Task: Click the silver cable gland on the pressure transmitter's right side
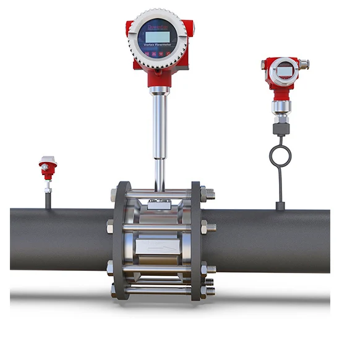304,63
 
